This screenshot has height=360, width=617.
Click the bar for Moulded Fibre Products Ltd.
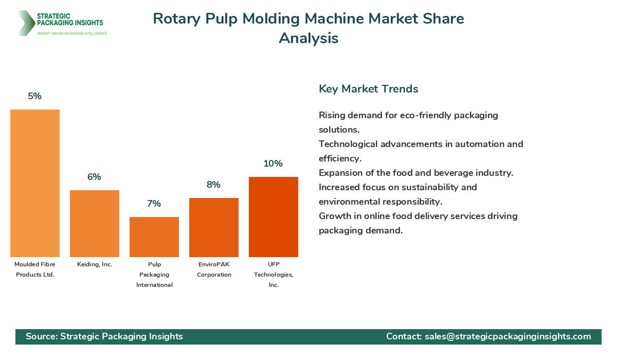point(35,183)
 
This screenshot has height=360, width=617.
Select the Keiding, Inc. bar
point(95,224)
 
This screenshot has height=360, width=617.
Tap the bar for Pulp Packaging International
point(154,237)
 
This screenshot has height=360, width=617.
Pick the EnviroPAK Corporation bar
point(214,227)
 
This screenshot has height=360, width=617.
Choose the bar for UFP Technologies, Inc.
point(274,217)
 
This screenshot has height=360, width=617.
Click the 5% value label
point(35,96)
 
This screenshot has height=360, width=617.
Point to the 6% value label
point(95,177)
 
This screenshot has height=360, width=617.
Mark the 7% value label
point(154,204)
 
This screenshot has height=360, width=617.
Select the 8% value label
point(214,185)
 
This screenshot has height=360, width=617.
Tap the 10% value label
point(274,164)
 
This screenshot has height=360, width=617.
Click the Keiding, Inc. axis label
point(95,264)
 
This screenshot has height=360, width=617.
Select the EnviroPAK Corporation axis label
point(214,269)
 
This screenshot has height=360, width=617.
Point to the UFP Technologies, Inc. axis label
point(274,275)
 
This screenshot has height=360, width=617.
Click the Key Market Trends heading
point(369,89)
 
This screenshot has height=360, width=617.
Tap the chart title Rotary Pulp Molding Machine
point(308,19)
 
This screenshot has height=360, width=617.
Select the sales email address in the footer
point(507,336)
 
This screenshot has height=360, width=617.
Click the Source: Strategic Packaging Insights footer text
point(104,336)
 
